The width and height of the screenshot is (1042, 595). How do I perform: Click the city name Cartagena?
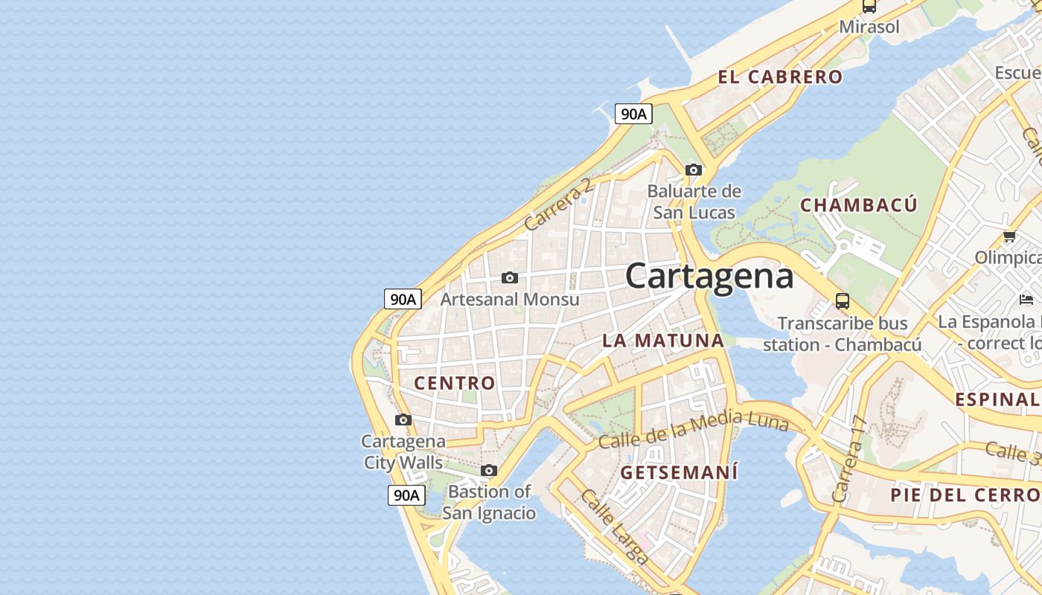click(x=709, y=277)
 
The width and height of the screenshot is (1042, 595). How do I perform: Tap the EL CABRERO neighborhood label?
click(x=780, y=77)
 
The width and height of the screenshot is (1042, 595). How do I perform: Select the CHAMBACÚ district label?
click(x=858, y=205)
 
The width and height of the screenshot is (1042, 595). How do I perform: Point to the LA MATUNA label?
click(x=662, y=341)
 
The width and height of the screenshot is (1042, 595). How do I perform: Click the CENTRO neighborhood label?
click(x=454, y=383)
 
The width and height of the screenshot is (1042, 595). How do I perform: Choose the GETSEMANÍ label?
click(x=679, y=472)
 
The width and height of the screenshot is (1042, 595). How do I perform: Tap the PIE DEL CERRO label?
click(x=965, y=495)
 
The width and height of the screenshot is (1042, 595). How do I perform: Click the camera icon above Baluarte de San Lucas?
click(x=694, y=170)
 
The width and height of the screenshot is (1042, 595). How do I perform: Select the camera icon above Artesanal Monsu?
click(x=510, y=278)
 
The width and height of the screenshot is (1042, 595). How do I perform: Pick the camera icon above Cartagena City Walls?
click(x=403, y=420)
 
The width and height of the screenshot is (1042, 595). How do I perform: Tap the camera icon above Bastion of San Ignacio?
click(x=489, y=471)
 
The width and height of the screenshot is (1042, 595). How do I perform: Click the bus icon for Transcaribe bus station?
click(x=843, y=301)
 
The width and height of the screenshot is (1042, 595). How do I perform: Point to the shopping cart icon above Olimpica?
click(x=1009, y=237)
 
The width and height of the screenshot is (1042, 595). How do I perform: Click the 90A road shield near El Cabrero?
click(x=633, y=114)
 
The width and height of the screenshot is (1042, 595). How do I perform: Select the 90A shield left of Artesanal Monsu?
click(x=403, y=299)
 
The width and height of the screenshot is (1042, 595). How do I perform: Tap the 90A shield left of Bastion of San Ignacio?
click(x=406, y=495)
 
